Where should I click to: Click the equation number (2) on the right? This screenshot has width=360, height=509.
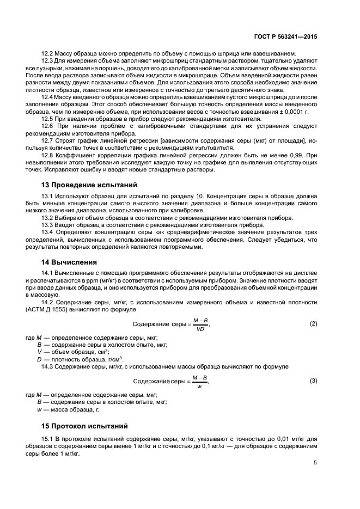pyautogui.click(x=313, y=324)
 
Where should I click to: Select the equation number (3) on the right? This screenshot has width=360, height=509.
pyautogui.click(x=313, y=381)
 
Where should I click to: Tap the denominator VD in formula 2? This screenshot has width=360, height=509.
pyautogui.click(x=200, y=329)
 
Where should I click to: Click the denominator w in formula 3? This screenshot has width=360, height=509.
pyautogui.click(x=200, y=386)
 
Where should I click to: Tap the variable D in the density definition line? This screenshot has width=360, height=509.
pyautogui.click(x=39, y=359)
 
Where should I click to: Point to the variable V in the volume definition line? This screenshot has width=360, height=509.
pyautogui.click(x=39, y=352)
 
